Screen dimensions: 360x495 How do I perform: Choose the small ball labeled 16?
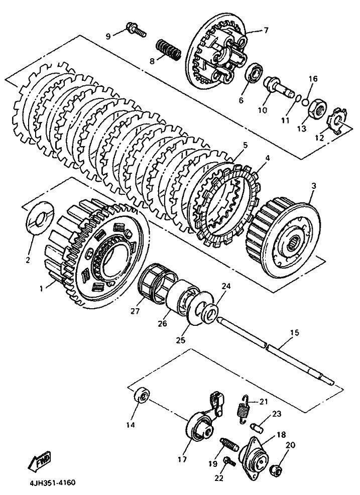coord(305,101)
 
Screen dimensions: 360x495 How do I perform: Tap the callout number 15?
coord(294,333)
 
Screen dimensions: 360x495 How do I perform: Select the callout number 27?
coord(135,311)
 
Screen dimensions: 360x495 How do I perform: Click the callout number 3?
coord(313,186)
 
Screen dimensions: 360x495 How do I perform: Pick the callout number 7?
coord(266,30)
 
